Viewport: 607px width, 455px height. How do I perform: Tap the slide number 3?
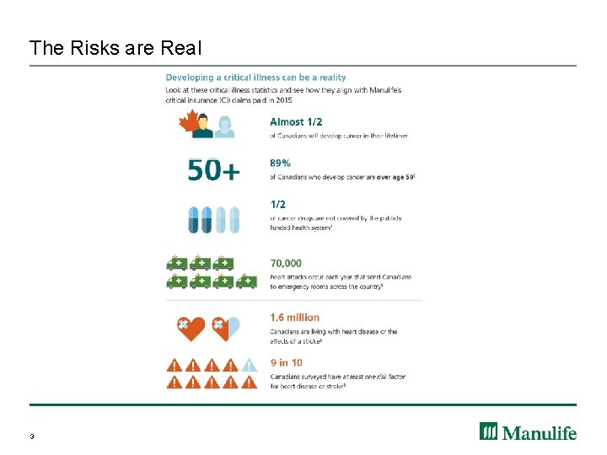31,436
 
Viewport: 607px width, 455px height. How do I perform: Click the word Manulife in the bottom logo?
540,432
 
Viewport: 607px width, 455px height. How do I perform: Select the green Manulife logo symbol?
490,431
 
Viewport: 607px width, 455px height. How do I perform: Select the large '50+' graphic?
213,172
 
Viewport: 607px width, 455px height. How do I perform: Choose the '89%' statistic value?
281,163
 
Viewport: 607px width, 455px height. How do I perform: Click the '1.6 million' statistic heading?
294,318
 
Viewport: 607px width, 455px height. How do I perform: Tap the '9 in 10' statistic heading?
286,362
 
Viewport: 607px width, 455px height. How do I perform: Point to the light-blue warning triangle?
249,366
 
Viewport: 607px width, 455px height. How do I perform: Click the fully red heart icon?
191,328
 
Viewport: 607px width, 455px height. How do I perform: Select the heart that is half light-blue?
226,328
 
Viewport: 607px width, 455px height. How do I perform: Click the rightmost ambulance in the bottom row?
246,281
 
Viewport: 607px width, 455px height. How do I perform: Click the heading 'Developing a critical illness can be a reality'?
255,78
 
